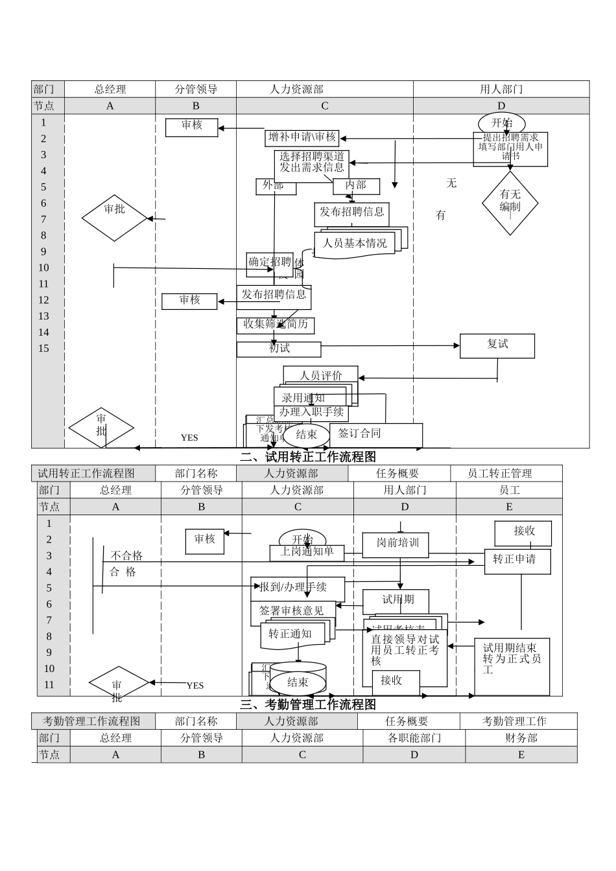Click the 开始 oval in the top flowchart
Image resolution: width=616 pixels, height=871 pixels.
(x=501, y=122)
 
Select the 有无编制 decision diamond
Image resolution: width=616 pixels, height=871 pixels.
(x=510, y=202)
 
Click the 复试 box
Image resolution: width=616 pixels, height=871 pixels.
(x=497, y=345)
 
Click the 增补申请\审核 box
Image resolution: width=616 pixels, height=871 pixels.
(x=302, y=137)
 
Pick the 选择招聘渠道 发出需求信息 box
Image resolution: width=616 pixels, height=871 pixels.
(x=312, y=163)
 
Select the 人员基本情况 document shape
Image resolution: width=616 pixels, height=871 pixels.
(x=355, y=244)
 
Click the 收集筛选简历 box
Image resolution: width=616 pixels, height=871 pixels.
(x=276, y=325)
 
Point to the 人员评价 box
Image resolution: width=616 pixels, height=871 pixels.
(x=320, y=375)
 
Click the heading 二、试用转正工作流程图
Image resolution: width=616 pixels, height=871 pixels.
(x=307, y=457)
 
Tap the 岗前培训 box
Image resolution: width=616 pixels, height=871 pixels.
(x=397, y=543)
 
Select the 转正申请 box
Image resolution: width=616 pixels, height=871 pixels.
(x=517, y=560)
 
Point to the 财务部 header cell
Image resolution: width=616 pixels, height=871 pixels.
(x=521, y=738)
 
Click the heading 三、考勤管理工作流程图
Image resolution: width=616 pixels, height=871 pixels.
(x=307, y=704)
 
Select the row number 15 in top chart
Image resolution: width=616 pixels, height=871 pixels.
(x=43, y=349)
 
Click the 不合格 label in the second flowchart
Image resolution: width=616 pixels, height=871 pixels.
(x=126, y=556)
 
